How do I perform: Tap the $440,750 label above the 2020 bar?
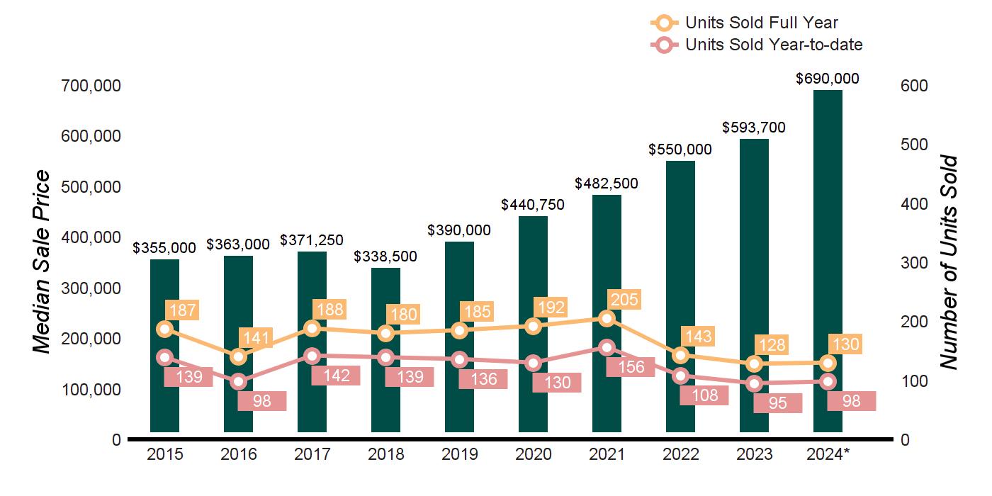[x=533, y=205]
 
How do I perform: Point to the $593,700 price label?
[x=754, y=128]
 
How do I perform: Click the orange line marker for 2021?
[x=607, y=319]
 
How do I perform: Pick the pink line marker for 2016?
[x=238, y=382]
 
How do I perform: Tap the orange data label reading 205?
[x=625, y=299]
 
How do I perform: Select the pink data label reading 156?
[x=631, y=366]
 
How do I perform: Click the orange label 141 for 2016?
[x=257, y=337]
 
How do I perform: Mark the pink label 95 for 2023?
[x=778, y=403]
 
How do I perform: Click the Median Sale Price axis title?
[x=43, y=262]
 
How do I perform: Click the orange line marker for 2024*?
[x=828, y=363]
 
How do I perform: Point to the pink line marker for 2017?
[x=312, y=356]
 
